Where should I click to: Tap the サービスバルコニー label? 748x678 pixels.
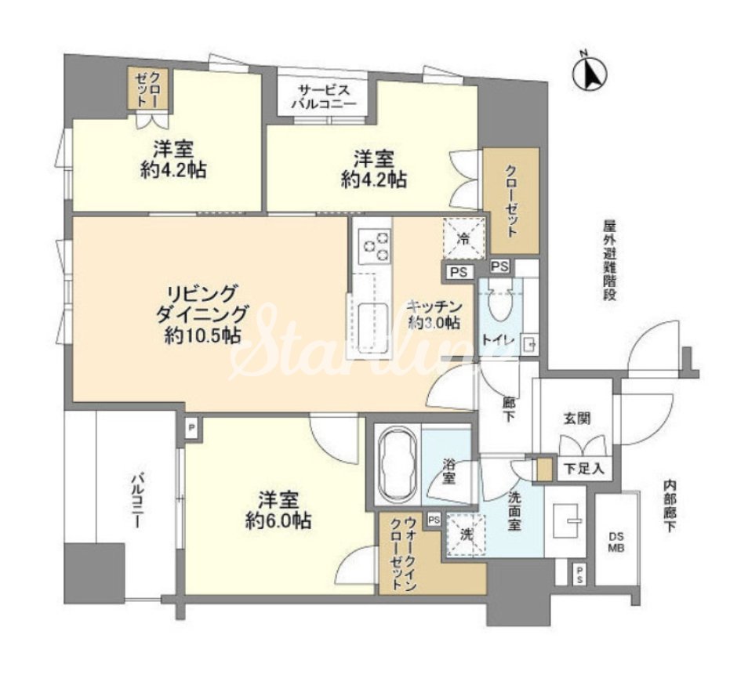click(325, 96)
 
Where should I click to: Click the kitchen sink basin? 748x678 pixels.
click(373, 325)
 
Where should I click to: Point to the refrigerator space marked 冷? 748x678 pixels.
click(463, 239)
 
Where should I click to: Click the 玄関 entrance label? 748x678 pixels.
click(577, 419)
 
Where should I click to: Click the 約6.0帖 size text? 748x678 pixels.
click(278, 520)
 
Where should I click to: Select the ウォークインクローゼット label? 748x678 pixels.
click(404, 553)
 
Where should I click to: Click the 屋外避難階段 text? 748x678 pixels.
click(609, 260)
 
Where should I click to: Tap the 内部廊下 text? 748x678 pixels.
click(670, 506)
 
